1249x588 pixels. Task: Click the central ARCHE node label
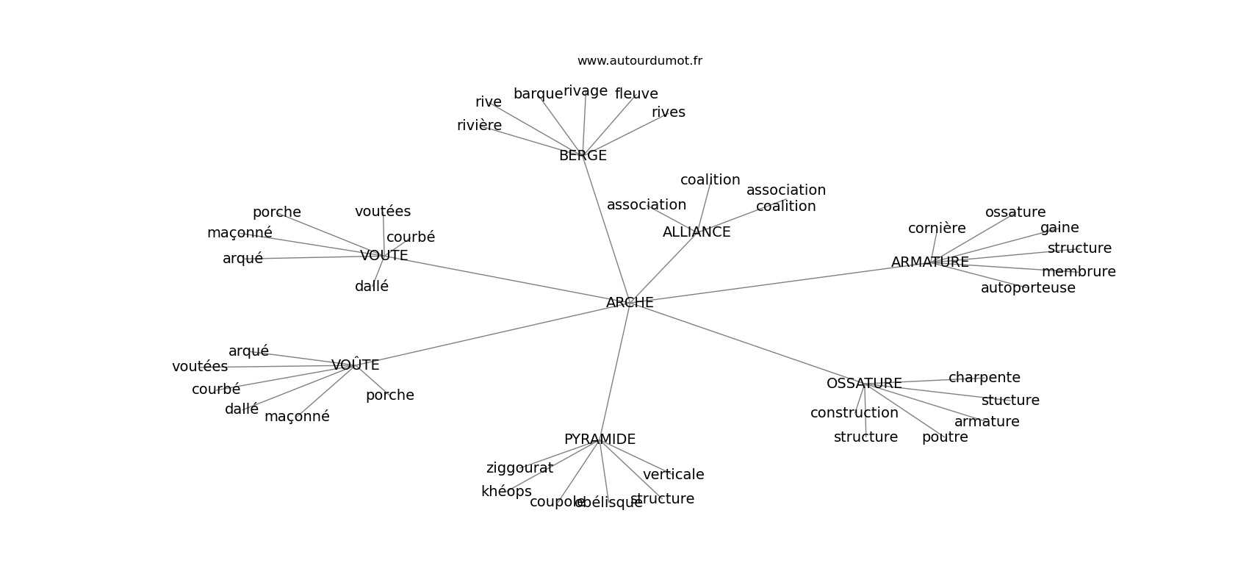point(630,303)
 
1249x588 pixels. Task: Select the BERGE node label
point(583,156)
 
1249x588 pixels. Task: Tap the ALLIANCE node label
point(697,232)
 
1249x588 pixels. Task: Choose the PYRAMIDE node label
point(600,440)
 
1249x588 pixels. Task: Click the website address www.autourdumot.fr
point(639,61)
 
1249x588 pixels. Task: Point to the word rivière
point(479,126)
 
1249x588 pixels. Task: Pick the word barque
point(538,94)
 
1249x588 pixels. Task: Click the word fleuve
point(636,94)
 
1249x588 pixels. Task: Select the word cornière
point(937,229)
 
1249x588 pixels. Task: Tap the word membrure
point(1079,272)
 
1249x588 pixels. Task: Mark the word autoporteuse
point(1028,288)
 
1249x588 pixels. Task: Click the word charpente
point(984,378)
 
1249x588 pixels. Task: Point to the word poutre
point(945,437)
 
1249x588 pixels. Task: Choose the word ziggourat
point(519,468)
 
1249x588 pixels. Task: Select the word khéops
point(506,492)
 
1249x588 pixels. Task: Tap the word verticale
point(673,475)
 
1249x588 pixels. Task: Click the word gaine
point(1059,228)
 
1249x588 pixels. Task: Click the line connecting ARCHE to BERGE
point(606,229)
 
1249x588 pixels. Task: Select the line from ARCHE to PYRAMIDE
point(615,371)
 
